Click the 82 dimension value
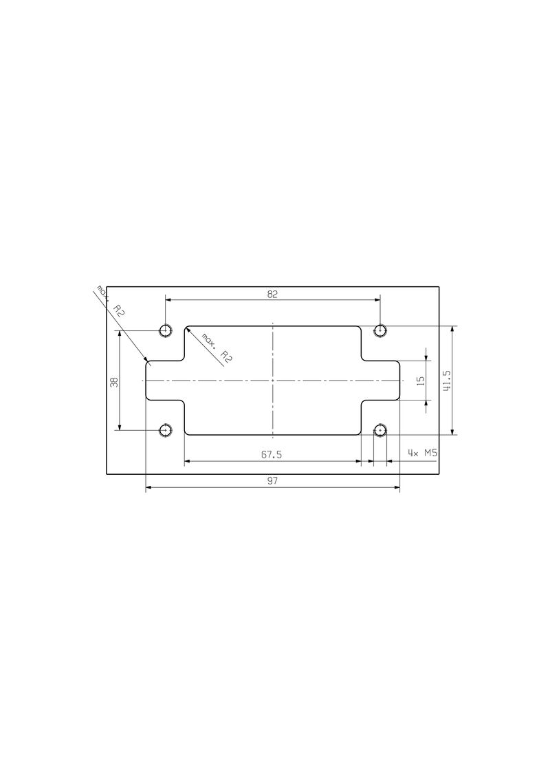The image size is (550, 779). [x=272, y=294]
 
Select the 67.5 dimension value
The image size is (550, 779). [x=272, y=455]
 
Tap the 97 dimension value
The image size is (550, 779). [x=272, y=481]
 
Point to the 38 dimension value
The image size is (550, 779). [x=115, y=381]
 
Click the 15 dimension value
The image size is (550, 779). [x=421, y=380]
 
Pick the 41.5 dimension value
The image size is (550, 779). [x=446, y=381]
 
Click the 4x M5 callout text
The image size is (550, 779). [x=422, y=453]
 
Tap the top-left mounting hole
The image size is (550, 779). [x=165, y=330]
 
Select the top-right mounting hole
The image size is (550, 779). [x=379, y=330]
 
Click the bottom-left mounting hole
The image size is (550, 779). [x=165, y=431]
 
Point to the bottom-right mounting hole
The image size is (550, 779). [x=379, y=431]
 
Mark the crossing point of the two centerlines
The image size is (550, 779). [x=273, y=381]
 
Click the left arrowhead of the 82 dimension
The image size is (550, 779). [x=168, y=299]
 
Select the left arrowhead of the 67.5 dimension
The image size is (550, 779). [x=188, y=461]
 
